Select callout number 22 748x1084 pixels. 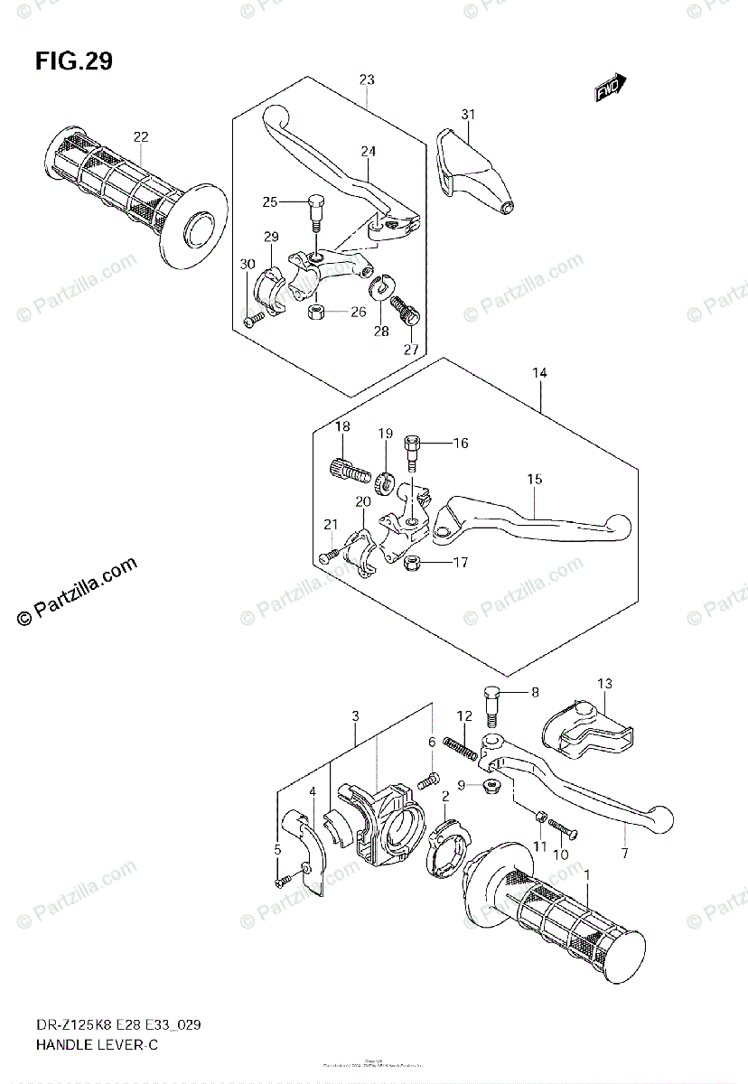coord(141,137)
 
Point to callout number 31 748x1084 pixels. coord(467,114)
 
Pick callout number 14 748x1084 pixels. coord(539,372)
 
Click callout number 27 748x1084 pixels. coord(411,350)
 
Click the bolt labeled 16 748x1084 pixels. coord(413,450)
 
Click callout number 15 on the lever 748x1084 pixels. coord(535,480)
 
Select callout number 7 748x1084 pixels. coord(624,852)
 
